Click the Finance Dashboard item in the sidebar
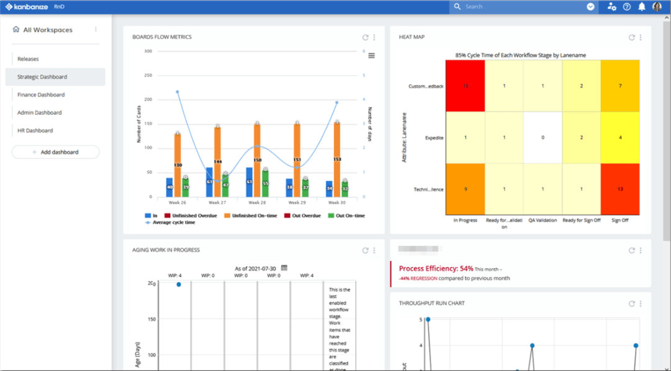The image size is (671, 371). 41,95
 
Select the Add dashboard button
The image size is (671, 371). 55,152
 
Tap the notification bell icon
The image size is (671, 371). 642,7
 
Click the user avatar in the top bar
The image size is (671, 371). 657,7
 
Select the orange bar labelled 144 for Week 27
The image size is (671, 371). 217,162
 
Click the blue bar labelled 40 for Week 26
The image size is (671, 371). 170,187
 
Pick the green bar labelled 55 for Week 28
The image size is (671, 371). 265,184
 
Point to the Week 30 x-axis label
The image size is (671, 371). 337,202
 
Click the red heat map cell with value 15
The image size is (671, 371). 465,86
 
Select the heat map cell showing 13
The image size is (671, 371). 619,189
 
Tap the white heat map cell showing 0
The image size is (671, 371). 542,137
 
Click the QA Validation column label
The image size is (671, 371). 542,220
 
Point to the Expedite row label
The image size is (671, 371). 434,138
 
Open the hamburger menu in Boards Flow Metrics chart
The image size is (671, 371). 372,55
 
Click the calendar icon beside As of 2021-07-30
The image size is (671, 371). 284,268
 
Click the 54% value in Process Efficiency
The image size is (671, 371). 466,269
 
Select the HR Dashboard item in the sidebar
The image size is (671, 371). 35,131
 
